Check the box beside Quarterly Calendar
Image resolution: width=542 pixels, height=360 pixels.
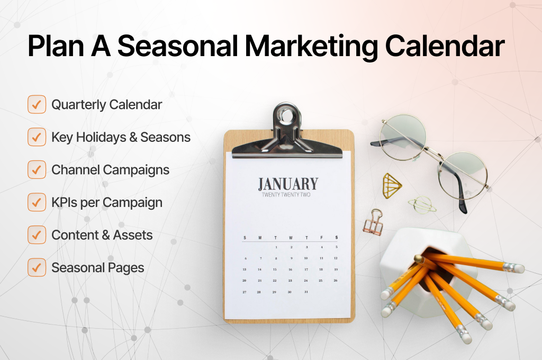click(x=37, y=105)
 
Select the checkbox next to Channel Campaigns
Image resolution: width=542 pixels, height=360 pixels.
click(x=37, y=170)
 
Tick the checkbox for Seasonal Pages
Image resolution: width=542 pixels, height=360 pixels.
click(x=37, y=267)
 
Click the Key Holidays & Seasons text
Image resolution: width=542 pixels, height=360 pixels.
click(x=121, y=138)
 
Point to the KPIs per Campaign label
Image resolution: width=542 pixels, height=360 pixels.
click(x=106, y=202)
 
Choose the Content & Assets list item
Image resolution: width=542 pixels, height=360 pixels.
click(x=102, y=235)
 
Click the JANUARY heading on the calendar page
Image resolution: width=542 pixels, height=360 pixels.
click(x=288, y=184)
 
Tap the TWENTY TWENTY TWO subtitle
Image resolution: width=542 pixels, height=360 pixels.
click(x=288, y=195)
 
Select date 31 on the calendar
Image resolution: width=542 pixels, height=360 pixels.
click(x=305, y=292)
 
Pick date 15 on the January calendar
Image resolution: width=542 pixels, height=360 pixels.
click(x=275, y=269)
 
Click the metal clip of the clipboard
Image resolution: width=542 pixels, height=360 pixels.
click(x=287, y=132)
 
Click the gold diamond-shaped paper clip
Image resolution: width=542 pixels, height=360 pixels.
click(x=392, y=184)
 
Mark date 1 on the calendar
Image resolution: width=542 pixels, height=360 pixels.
click(x=276, y=247)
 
